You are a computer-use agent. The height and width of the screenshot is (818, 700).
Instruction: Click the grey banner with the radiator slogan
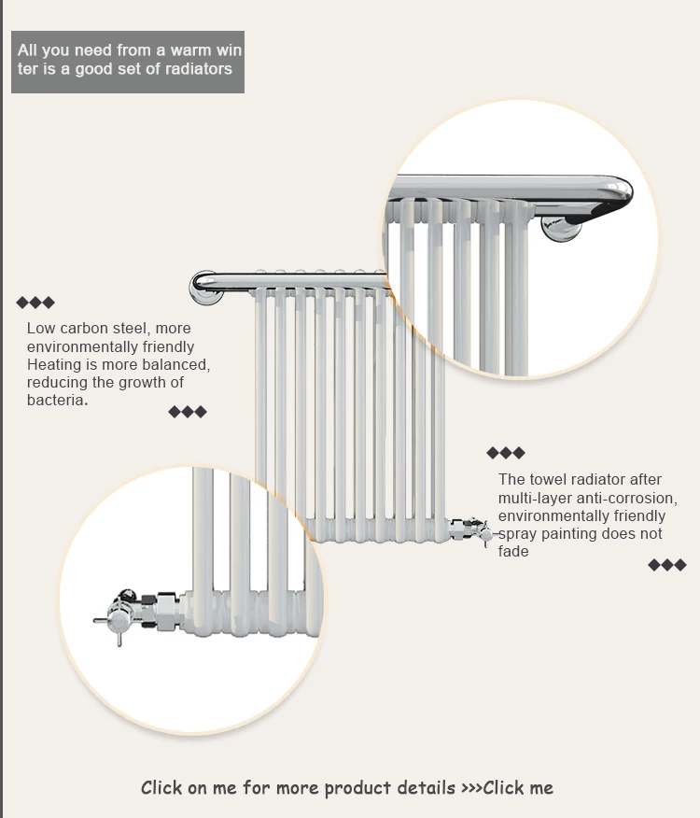click(x=128, y=62)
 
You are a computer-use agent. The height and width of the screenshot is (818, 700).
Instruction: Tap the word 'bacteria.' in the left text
click(x=57, y=401)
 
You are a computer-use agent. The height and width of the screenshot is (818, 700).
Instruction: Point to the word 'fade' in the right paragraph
click(x=513, y=552)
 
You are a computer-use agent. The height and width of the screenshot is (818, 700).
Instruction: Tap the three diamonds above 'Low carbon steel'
click(x=35, y=303)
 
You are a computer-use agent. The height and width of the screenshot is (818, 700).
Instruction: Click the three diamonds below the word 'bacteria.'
click(x=188, y=412)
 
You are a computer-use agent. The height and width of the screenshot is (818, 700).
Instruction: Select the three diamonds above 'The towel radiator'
click(x=506, y=453)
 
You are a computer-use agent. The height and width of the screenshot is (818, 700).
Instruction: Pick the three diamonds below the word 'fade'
click(x=667, y=565)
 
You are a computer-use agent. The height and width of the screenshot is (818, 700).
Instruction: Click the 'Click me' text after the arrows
click(x=518, y=787)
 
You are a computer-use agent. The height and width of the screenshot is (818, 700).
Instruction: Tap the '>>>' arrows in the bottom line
click(x=471, y=788)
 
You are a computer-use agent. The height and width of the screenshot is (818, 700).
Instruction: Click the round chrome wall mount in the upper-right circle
click(x=561, y=229)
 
